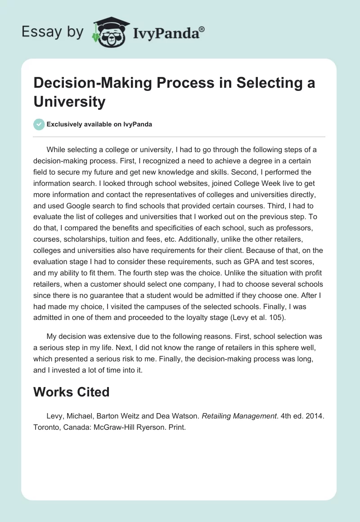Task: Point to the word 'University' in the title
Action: (69, 101)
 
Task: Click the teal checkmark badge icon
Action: (39, 124)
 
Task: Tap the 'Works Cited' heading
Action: (72, 392)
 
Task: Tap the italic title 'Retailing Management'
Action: (238, 416)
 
